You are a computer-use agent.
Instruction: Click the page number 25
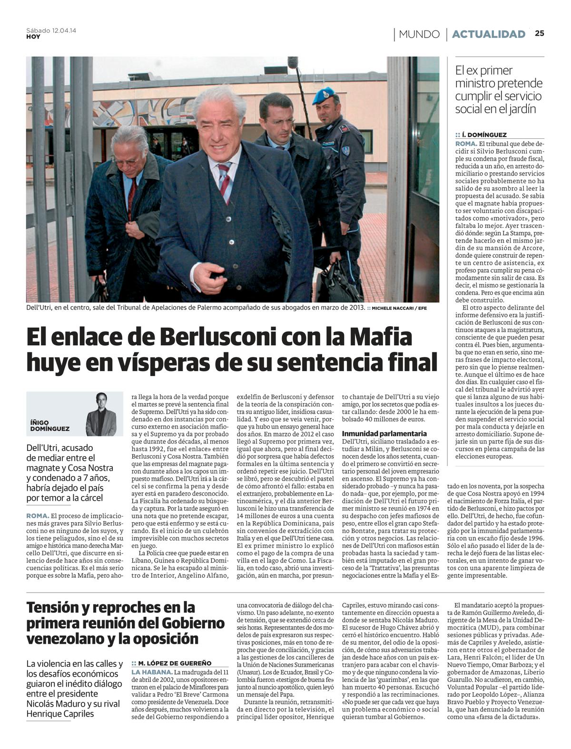[x=539, y=33]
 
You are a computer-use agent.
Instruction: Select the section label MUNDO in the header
[x=419, y=34]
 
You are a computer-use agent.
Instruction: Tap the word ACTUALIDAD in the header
[x=488, y=34]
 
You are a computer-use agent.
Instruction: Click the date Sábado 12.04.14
[x=51, y=30]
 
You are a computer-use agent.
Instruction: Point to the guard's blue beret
[x=324, y=95]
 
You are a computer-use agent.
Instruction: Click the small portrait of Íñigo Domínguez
[x=101, y=414]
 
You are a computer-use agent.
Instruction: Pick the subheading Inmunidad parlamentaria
[x=384, y=433]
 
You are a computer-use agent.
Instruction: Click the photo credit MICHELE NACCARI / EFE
[x=399, y=308]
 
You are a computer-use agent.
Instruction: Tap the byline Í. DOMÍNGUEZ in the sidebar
[x=484, y=135]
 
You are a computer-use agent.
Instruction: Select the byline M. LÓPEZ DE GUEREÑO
[x=175, y=663]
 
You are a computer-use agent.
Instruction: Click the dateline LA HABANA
[x=152, y=672]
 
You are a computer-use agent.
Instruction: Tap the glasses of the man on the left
[x=125, y=161]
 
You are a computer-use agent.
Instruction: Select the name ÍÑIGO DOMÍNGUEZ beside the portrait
[x=49, y=425]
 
